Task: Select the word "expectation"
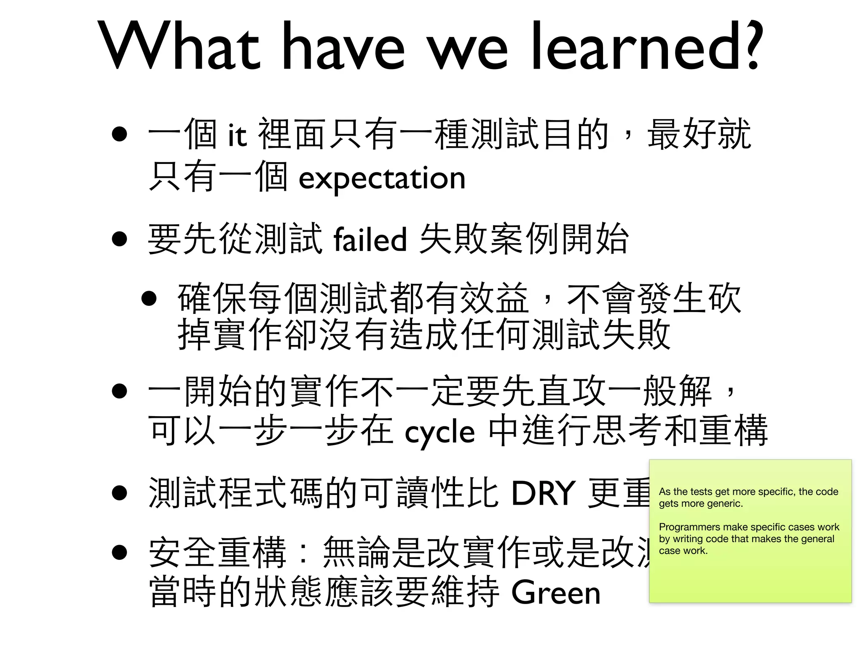pos(382,178)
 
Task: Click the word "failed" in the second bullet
pos(370,239)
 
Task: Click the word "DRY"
pos(543,493)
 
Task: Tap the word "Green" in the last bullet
pos(555,593)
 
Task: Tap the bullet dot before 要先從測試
pos(120,239)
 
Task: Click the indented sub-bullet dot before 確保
pos(149,299)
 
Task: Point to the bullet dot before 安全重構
pos(120,552)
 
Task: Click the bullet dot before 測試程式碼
pos(120,493)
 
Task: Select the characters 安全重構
pos(218,552)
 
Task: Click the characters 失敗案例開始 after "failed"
pos(524,239)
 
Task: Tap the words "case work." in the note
pos(683,551)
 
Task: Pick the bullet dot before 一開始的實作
pos(120,391)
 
